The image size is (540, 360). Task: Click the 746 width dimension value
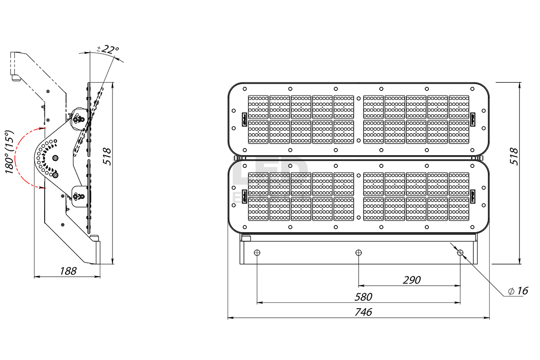[x=363, y=312]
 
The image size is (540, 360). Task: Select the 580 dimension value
[x=363, y=297]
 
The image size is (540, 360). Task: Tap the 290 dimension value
[x=411, y=280]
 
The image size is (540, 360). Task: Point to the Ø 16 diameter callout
[x=517, y=291]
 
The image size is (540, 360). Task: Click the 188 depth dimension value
[x=68, y=270]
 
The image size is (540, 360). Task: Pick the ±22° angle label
[x=108, y=49]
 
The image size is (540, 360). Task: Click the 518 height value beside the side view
[x=107, y=156]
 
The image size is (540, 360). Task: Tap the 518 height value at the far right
[x=516, y=156]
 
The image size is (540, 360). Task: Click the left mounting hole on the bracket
[x=257, y=252]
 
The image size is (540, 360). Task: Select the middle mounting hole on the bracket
[x=358, y=252]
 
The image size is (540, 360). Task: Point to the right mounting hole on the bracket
[x=460, y=252]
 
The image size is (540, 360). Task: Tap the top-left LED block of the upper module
[x=258, y=107]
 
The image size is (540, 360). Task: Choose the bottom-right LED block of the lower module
[x=459, y=209]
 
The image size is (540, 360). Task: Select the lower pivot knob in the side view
[x=80, y=196]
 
